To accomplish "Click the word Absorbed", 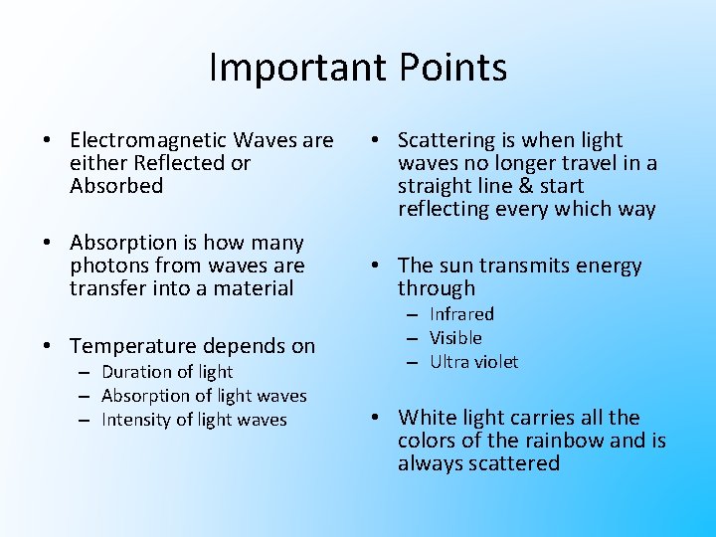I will coord(116,186).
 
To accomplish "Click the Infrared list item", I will coord(461,314).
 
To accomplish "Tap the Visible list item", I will coord(455,338).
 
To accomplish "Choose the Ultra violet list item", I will coord(473,362).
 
